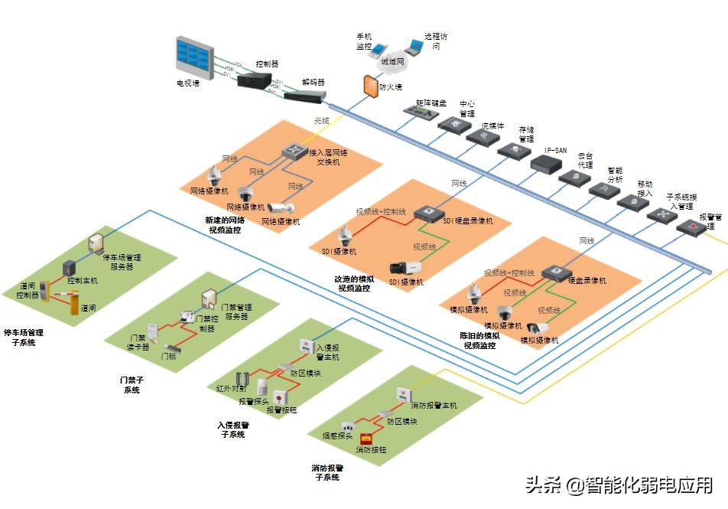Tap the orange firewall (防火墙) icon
[x=371, y=83]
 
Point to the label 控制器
[x=267, y=64]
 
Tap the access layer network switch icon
[x=292, y=152]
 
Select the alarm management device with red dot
[x=692, y=227]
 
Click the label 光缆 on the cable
[x=322, y=120]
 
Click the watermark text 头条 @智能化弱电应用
[x=619, y=485]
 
